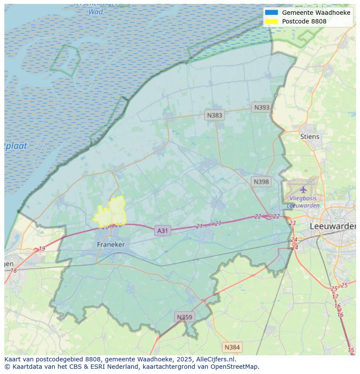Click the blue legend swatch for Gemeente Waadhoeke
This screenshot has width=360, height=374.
click(x=271, y=13)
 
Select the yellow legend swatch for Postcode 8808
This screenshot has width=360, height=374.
click(x=271, y=21)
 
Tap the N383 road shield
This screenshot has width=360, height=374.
click(x=214, y=115)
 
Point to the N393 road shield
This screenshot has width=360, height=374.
click(x=262, y=107)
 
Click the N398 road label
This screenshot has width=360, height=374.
click(x=261, y=182)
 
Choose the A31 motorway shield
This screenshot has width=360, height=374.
click(x=162, y=231)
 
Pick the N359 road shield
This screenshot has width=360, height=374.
click(x=184, y=317)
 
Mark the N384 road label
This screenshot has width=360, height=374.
click(x=232, y=347)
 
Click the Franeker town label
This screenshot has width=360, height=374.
click(x=111, y=245)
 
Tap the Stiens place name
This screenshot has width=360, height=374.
click(x=310, y=136)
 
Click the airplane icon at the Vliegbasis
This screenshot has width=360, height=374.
click(x=303, y=189)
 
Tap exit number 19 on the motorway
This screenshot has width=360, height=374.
click(x=42, y=249)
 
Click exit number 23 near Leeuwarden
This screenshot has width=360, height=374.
click(x=292, y=223)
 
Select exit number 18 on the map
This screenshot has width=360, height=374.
click(x=13, y=271)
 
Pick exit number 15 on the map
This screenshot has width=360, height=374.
click(x=351, y=350)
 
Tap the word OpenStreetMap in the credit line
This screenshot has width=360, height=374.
click(x=235, y=367)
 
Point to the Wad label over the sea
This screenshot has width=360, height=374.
click(x=96, y=12)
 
